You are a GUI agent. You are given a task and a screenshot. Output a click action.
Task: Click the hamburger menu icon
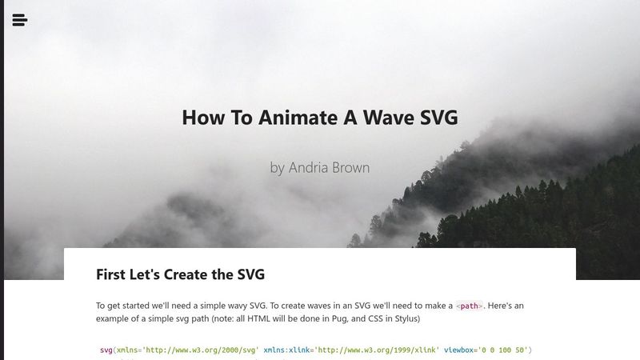click(20, 20)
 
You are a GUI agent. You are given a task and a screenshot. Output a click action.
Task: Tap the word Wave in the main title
click(378, 118)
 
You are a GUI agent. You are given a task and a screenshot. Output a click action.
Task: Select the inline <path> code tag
click(470, 306)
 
